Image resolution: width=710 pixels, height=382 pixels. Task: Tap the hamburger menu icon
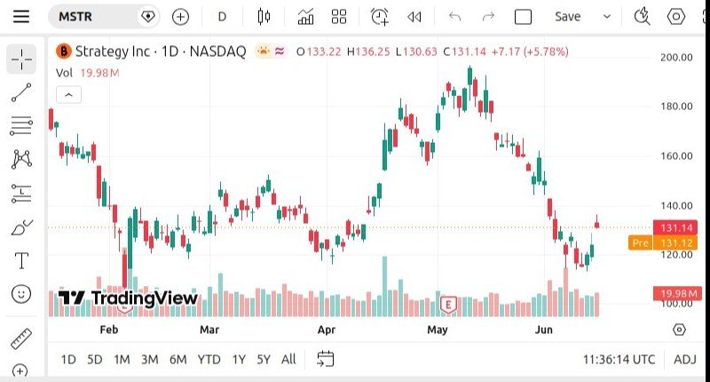[21, 17]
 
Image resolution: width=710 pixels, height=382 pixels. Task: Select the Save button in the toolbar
[567, 17]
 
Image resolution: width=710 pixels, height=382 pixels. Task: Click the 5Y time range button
[263, 359]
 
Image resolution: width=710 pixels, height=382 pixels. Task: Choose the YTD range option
[209, 359]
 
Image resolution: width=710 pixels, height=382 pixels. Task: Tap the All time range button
[288, 359]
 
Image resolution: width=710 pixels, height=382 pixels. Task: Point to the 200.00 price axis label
[676, 58]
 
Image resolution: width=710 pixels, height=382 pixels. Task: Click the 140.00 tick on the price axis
[676, 206]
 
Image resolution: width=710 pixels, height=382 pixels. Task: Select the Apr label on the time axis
[327, 330]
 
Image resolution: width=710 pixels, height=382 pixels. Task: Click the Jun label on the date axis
[543, 330]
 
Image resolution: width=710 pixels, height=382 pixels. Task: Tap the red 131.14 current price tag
[675, 227]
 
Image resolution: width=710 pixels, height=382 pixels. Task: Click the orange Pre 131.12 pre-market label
[663, 243]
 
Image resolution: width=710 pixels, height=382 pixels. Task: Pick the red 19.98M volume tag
[677, 293]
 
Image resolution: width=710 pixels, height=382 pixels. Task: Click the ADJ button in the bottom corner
[684, 359]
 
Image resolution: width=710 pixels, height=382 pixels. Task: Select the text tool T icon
[21, 260]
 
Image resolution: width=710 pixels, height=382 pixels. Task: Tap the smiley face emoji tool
[21, 294]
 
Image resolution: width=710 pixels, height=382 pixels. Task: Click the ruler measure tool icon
[21, 338]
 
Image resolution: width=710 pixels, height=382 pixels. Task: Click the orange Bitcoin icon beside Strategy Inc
[64, 52]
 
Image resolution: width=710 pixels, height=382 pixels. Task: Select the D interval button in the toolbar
[222, 17]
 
